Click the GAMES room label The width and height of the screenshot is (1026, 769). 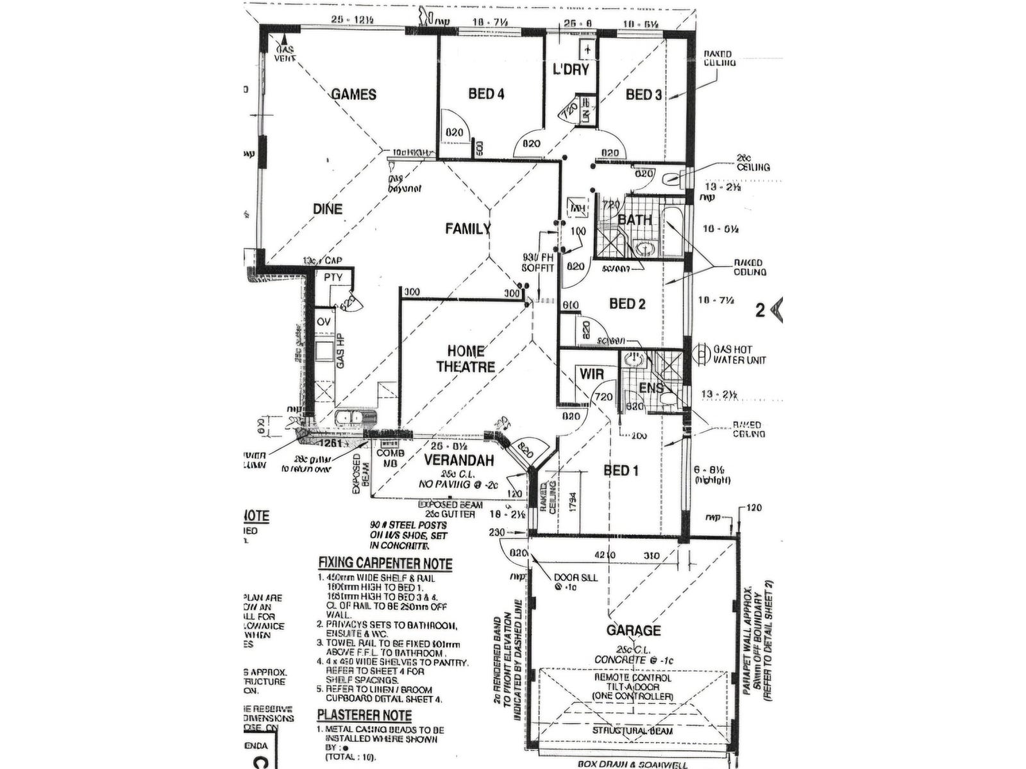click(353, 95)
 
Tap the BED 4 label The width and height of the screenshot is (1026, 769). click(486, 94)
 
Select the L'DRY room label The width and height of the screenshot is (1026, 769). click(571, 69)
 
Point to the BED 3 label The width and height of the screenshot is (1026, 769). click(644, 95)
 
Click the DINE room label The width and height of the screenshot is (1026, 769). click(328, 209)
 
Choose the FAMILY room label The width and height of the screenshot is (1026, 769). click(468, 229)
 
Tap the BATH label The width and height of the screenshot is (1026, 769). click(635, 220)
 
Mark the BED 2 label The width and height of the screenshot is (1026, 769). click(627, 304)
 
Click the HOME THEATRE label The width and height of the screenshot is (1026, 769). click(466, 359)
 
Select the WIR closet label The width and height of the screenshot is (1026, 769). click(592, 374)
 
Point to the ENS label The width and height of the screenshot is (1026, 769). click(651, 388)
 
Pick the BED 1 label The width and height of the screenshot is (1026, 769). click(621, 471)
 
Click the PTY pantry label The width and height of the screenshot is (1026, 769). click(333, 277)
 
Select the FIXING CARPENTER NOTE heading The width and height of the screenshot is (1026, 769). click(385, 564)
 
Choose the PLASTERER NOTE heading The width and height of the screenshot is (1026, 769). click(364, 715)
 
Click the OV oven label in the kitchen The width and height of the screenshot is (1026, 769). click(324, 322)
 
